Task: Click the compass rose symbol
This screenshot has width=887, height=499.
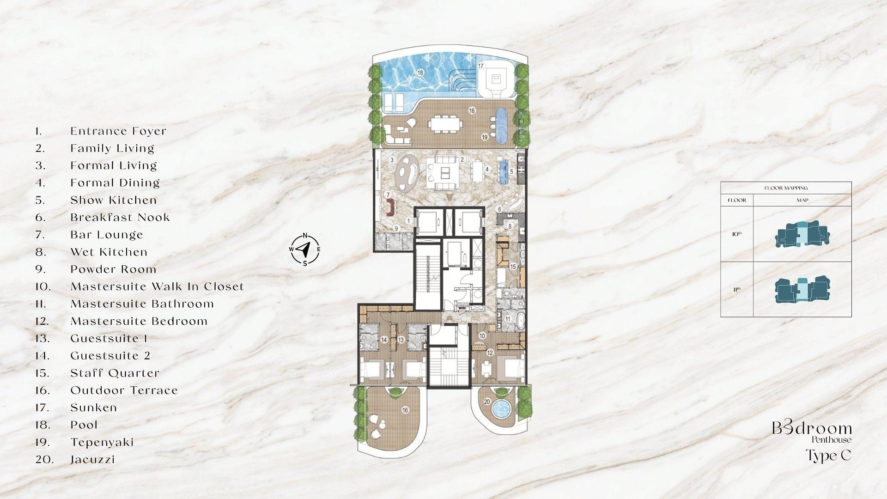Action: [x=305, y=250]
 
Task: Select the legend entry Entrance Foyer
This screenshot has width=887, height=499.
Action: [x=118, y=131]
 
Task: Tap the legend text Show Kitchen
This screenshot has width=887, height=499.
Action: [x=114, y=200]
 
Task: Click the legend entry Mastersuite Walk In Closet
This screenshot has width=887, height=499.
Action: [x=157, y=286]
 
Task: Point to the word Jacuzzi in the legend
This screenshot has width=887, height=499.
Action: [x=92, y=460]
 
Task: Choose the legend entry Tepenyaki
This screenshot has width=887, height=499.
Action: [x=102, y=442]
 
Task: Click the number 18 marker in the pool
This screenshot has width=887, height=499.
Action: [x=420, y=73]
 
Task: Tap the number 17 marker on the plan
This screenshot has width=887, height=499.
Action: [x=480, y=66]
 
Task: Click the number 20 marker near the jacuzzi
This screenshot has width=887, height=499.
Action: [x=487, y=402]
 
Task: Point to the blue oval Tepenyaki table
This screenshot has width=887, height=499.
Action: [x=502, y=125]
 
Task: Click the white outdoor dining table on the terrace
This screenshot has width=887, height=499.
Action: [x=445, y=124]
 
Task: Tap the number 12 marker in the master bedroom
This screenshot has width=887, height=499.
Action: [x=490, y=353]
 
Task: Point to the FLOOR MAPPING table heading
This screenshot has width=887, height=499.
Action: [x=786, y=188]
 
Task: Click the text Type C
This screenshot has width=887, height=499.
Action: [x=828, y=456]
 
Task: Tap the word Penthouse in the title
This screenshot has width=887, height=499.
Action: [x=831, y=440]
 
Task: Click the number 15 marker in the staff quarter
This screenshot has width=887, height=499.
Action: [x=513, y=267]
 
